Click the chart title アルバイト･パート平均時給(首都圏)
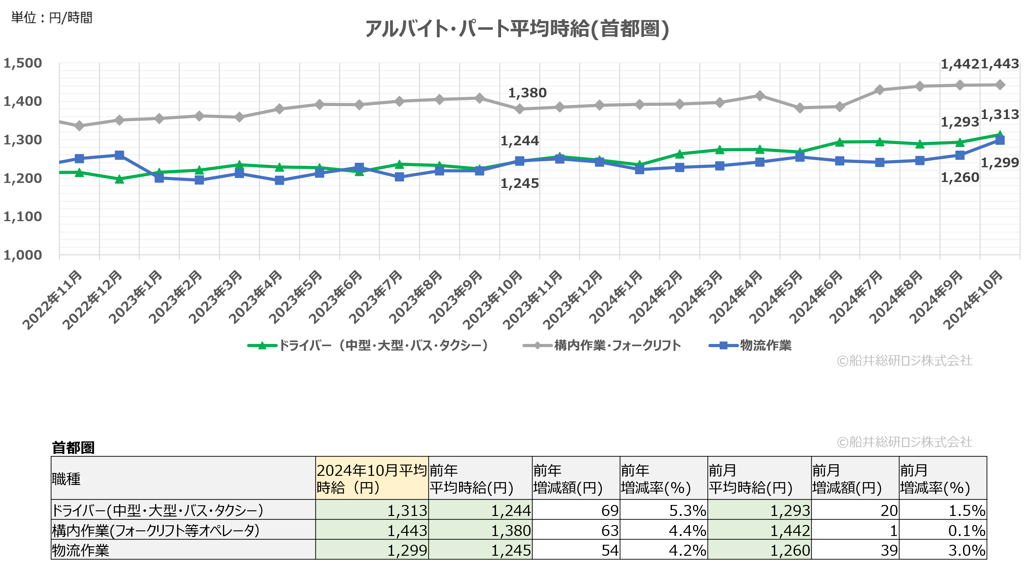pyautogui.click(x=517, y=29)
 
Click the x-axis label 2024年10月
pyautogui.click(x=973, y=299)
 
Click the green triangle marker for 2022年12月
pyautogui.click(x=119, y=179)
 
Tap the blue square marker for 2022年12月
pyautogui.click(x=119, y=155)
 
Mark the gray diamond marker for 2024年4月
pyautogui.click(x=759, y=96)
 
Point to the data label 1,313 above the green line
pyautogui.click(x=1000, y=115)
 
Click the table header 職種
pyautogui.click(x=67, y=479)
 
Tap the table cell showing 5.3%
pyautogui.click(x=687, y=510)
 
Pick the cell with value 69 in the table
pyautogui.click(x=609, y=510)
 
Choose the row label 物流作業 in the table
pyautogui.click(x=81, y=550)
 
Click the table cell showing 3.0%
pyautogui.click(x=967, y=550)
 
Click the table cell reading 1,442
pyautogui.click(x=790, y=530)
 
